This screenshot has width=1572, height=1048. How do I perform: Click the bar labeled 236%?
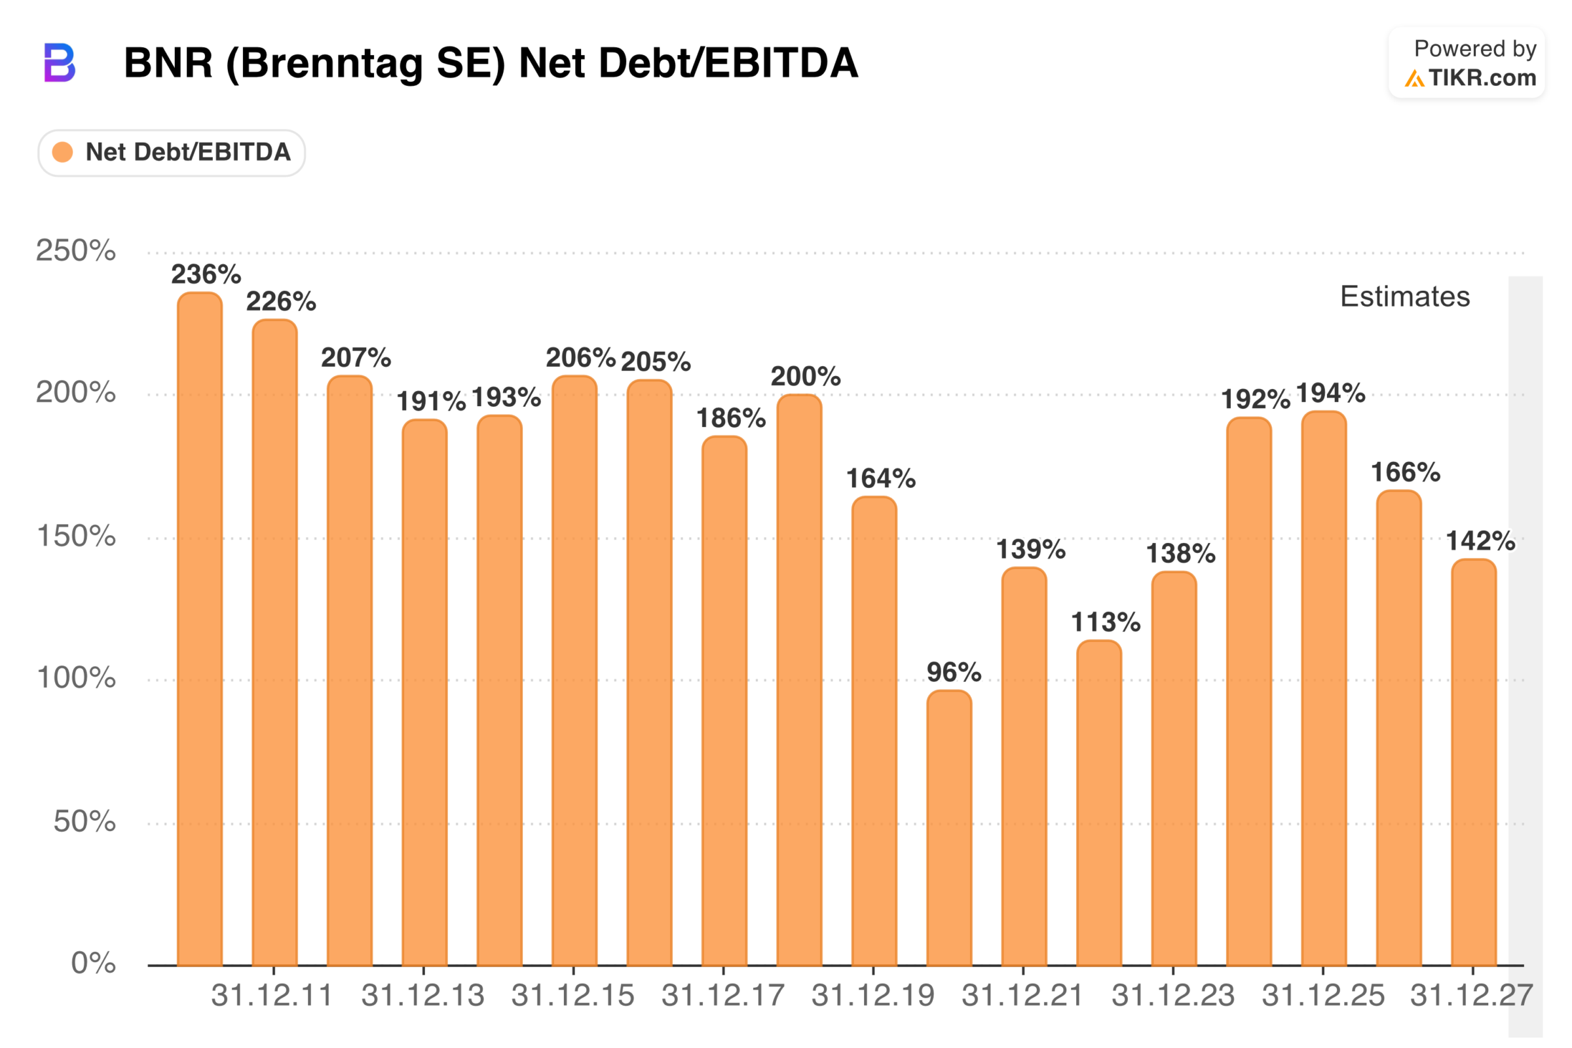point(200,628)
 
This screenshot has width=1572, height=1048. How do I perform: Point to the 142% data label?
point(1480,541)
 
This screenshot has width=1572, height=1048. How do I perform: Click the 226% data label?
point(281,301)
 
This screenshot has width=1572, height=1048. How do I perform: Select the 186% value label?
point(730,419)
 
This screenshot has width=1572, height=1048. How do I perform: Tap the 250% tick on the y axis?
point(75,251)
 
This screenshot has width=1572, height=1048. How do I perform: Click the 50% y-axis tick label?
point(84,821)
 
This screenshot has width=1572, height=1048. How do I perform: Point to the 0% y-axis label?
point(93,963)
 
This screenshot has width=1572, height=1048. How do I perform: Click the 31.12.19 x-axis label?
point(873,996)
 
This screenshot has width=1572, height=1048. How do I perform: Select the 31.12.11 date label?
point(272,996)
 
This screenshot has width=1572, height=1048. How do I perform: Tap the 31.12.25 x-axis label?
point(1322,996)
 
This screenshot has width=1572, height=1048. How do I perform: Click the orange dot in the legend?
point(62,153)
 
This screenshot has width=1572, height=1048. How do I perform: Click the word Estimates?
point(1405,296)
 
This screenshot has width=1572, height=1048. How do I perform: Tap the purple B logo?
point(60,63)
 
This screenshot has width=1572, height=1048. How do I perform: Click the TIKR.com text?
point(1482,78)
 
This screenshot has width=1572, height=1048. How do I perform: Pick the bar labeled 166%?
point(1399,728)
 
